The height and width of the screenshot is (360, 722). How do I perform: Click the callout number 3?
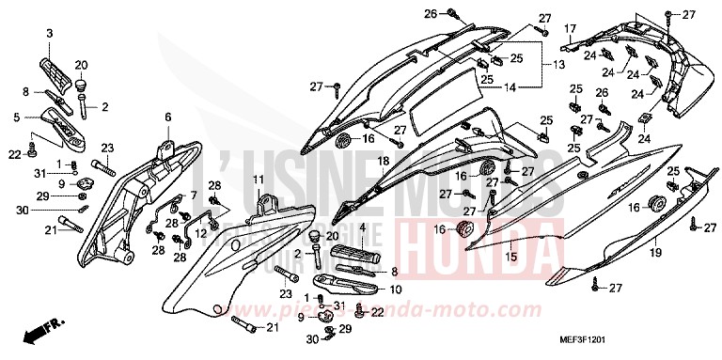pos(49,34)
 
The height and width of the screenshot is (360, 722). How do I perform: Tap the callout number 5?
pos(17,117)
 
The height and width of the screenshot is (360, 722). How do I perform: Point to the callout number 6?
pos(168,117)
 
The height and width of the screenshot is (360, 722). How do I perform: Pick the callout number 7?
pos(194,195)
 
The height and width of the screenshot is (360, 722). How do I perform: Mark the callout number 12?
pos(201,231)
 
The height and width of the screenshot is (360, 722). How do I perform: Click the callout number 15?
pos(511,255)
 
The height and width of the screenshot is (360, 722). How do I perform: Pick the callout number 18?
pos(356,162)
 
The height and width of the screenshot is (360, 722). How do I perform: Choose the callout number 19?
pos(655,253)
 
